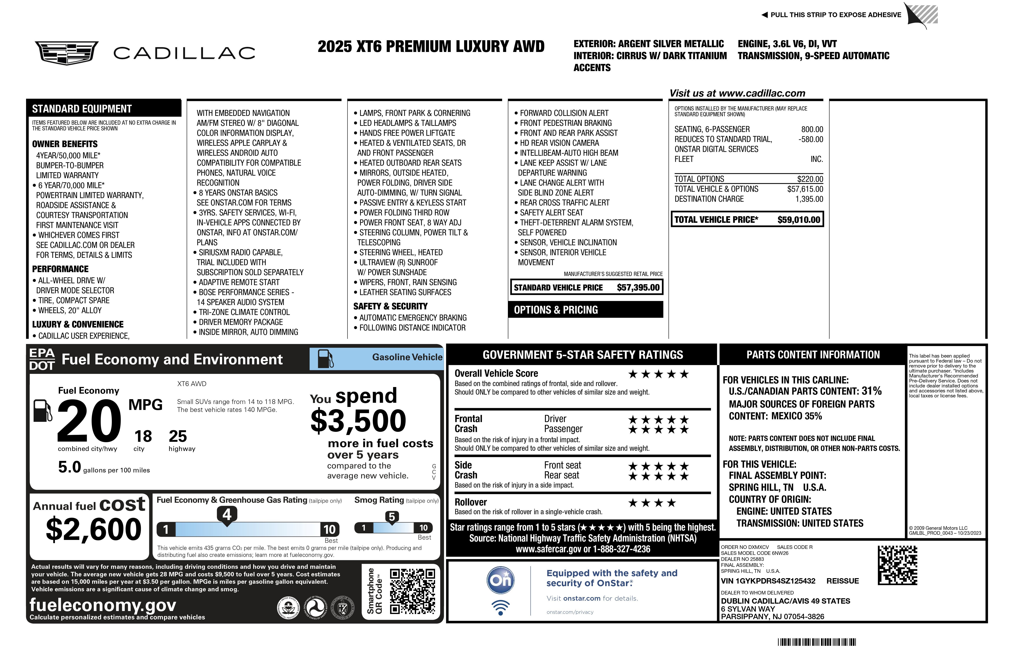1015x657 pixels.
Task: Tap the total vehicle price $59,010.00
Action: [798, 220]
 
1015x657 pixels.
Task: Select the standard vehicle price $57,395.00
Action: [638, 287]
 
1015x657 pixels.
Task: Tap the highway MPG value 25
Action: [178, 436]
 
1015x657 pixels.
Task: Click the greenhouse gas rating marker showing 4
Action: [227, 514]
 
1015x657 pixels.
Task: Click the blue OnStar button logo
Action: [501, 580]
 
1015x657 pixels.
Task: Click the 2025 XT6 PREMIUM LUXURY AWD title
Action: [431, 47]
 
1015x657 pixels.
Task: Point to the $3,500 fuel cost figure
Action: [358, 421]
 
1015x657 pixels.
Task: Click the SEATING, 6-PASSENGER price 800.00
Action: [812, 129]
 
